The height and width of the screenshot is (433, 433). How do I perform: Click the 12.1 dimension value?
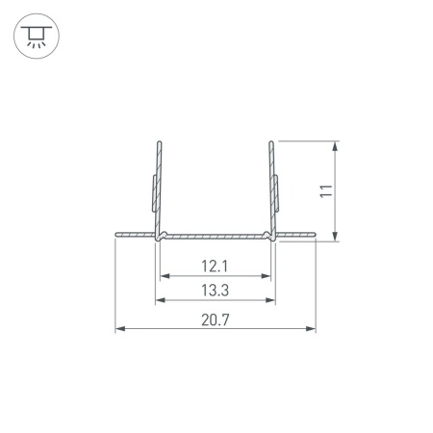(x=215, y=267)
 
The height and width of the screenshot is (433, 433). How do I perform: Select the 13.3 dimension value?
(x=215, y=291)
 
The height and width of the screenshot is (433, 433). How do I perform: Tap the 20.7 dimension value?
(x=216, y=320)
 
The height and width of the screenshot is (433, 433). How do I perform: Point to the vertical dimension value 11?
(x=326, y=191)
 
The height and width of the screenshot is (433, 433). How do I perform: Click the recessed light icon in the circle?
(x=37, y=36)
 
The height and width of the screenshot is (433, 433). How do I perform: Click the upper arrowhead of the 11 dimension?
(x=335, y=146)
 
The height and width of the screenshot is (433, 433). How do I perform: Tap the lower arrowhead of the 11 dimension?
(x=335, y=236)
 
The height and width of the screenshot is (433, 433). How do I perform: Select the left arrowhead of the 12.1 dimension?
(x=165, y=276)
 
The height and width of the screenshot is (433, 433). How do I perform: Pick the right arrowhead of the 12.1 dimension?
(x=267, y=276)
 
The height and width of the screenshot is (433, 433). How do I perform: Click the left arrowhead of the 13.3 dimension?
(x=161, y=300)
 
